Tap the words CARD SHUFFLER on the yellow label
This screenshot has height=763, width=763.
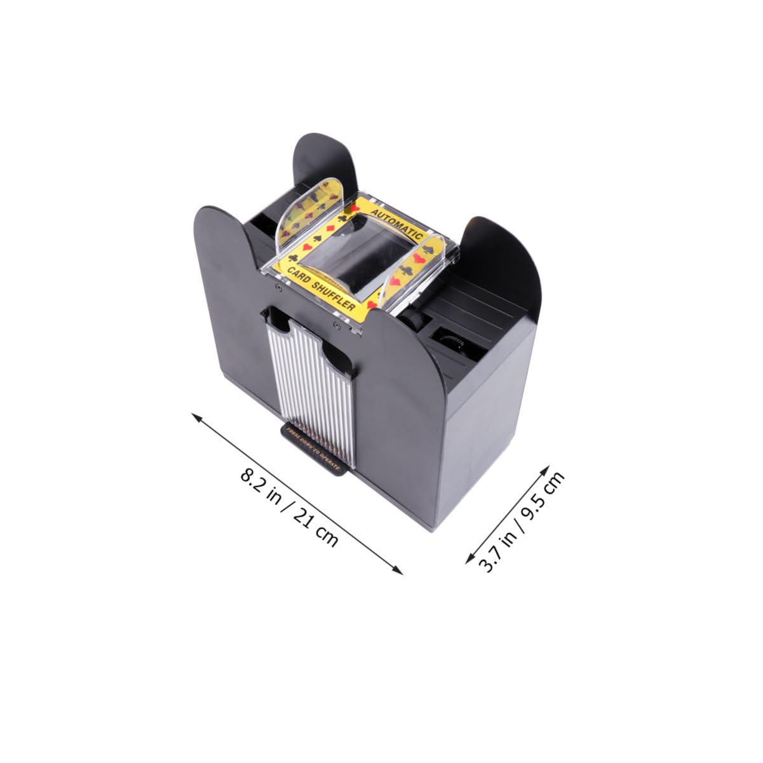321,290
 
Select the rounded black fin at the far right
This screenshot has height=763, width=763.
502,260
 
